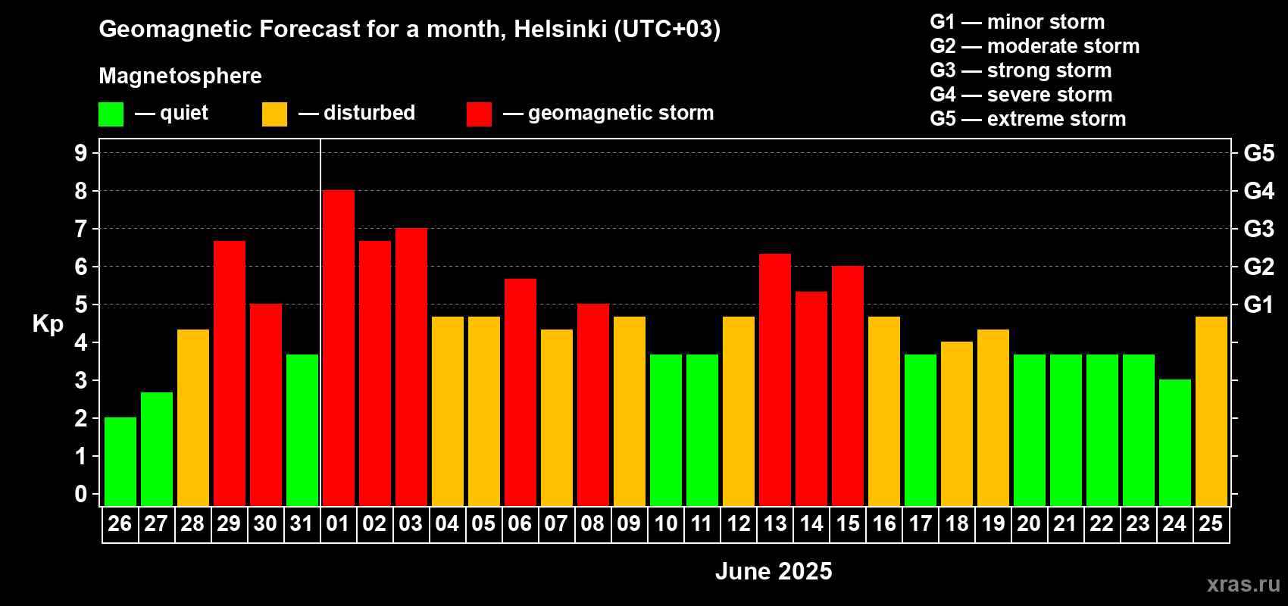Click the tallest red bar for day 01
click(x=339, y=348)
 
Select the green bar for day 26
click(x=120, y=461)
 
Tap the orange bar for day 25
click(x=1211, y=411)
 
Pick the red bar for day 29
click(x=230, y=373)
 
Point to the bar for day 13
click(x=775, y=380)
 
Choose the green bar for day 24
click(x=1175, y=442)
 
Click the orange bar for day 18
click(x=957, y=423)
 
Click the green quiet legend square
click(x=111, y=114)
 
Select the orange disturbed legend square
click(x=274, y=114)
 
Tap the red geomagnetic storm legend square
click(x=479, y=114)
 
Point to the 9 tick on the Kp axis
click(x=80, y=153)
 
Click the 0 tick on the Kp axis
click(x=80, y=494)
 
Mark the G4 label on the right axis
click(x=1259, y=191)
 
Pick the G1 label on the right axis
click(x=1259, y=305)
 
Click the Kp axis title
click(x=48, y=323)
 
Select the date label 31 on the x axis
click(x=302, y=523)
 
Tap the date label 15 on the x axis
click(x=848, y=523)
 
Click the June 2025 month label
click(x=774, y=571)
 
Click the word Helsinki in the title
click(x=560, y=29)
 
